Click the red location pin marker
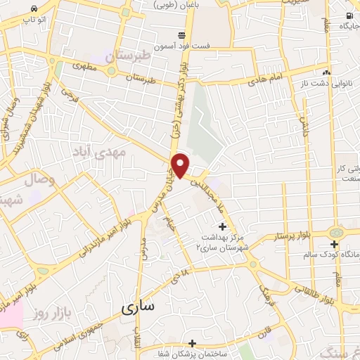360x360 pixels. [x=181, y=166]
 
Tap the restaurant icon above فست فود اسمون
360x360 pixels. [x=182, y=34]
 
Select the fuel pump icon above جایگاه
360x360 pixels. [x=349, y=15]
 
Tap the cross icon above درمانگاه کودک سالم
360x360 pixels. [x=335, y=245]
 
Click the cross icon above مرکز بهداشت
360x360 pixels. [x=223, y=226]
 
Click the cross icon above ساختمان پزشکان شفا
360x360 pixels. [x=191, y=342]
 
